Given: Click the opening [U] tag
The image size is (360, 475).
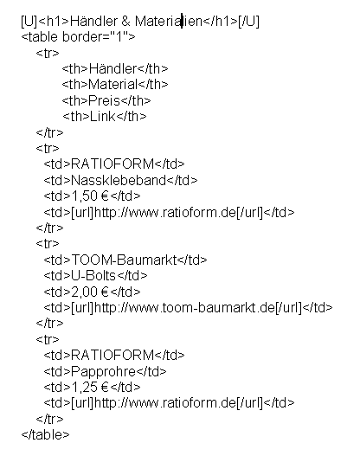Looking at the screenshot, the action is (29, 22).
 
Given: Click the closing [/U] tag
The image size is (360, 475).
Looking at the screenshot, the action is (248, 22).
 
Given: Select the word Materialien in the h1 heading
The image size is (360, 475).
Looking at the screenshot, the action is (169, 22).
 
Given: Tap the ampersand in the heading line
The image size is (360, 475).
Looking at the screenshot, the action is (125, 22).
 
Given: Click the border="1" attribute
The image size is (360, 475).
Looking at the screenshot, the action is (95, 37).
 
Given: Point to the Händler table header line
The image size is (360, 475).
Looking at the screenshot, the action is (115, 68).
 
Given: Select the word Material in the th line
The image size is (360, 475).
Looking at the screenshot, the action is (112, 85).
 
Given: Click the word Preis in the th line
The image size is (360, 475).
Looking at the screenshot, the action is (104, 100).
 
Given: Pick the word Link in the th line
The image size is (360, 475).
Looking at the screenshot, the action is (103, 116).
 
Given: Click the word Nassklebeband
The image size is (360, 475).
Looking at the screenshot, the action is (119, 180).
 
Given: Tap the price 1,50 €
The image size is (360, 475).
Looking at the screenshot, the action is (90, 196).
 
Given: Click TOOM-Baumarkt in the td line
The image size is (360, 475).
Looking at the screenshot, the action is (124, 260).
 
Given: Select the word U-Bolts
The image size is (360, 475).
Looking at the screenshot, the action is (93, 276).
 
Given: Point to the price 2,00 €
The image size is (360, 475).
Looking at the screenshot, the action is (90, 292).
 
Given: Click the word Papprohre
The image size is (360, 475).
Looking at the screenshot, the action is (103, 371).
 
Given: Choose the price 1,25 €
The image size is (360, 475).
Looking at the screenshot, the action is (90, 387).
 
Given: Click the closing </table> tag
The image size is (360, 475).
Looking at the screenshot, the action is (46, 435).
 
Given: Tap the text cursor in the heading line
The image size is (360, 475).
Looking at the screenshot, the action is (182, 21).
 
